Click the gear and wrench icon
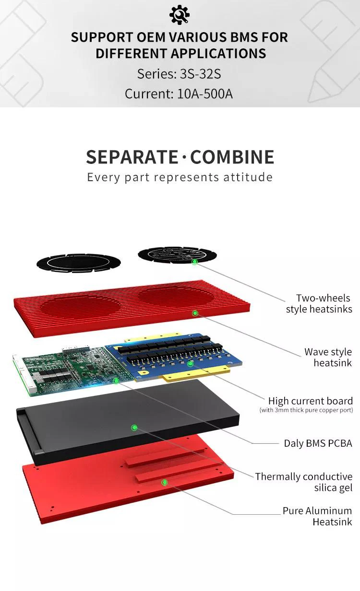[180, 14]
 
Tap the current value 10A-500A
[205, 93]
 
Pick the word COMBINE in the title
[232, 157]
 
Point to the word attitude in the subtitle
[248, 177]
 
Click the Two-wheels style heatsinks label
[319, 304]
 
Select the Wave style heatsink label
[328, 358]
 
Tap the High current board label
[310, 401]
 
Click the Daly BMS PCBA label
[318, 443]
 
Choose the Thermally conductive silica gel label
[304, 482]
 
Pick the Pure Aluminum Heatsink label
[317, 516]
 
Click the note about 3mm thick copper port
[306, 410]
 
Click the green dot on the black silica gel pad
[135, 427]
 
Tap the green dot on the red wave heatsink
[195, 313]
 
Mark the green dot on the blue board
[191, 364]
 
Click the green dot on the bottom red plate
[164, 482]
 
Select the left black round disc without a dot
[78, 262]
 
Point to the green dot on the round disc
[194, 262]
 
